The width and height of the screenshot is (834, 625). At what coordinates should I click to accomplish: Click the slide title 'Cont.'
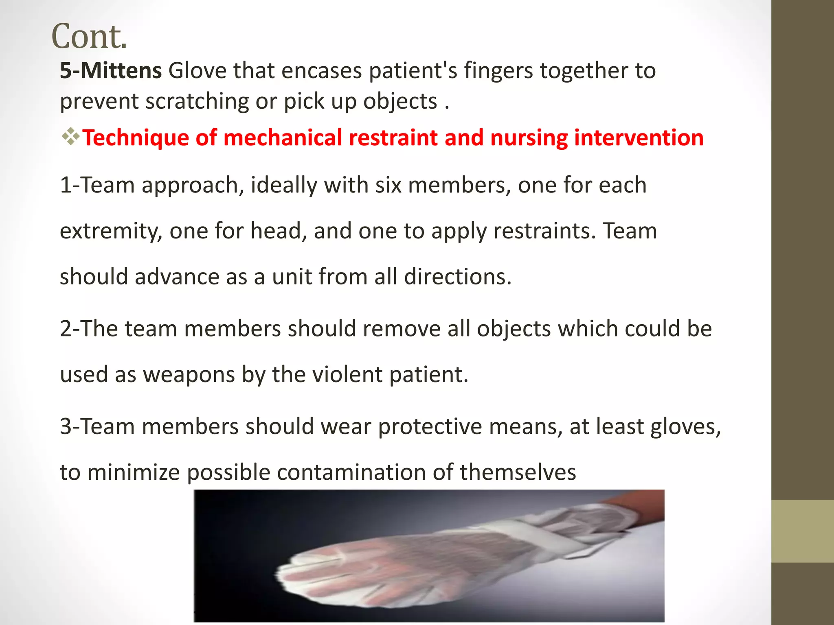click(89, 36)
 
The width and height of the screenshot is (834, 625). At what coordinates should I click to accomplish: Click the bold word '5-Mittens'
click(111, 70)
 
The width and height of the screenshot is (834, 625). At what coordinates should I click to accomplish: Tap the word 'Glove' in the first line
click(197, 70)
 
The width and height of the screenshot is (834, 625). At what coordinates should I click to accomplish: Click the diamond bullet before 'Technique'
click(70, 137)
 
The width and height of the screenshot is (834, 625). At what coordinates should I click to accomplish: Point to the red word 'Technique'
click(135, 138)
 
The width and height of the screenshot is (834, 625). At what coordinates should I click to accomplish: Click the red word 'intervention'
click(639, 138)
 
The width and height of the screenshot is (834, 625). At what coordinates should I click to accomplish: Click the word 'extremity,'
click(111, 231)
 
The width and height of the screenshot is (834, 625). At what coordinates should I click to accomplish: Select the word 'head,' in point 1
click(279, 231)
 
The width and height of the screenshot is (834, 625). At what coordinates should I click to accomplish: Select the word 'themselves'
click(518, 472)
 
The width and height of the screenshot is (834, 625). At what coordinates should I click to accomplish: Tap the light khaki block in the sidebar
click(803, 531)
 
